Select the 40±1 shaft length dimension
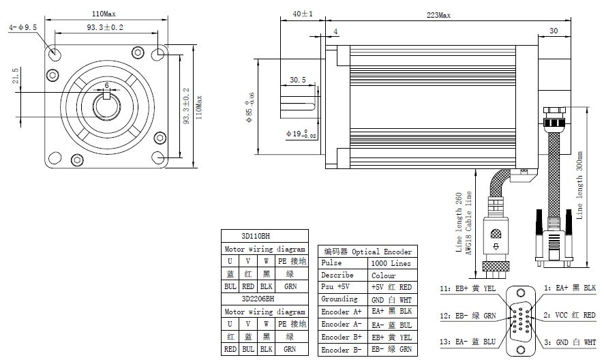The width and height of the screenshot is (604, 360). pyautogui.click(x=302, y=14)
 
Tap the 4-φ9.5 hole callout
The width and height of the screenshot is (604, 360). pyautogui.click(x=22, y=27)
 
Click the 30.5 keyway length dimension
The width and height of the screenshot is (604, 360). pyautogui.click(x=298, y=80)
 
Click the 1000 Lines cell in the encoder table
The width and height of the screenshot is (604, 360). pyautogui.click(x=391, y=263)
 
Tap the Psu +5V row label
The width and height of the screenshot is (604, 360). pyautogui.click(x=337, y=287)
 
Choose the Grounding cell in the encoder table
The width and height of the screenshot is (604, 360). pyautogui.click(x=339, y=299)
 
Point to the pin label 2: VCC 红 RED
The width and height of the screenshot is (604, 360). pyautogui.click(x=570, y=315)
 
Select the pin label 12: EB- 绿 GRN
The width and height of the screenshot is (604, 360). pyautogui.click(x=468, y=315)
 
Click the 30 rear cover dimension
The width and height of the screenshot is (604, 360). pyautogui.click(x=553, y=31)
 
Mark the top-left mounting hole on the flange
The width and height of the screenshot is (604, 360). pyautogui.click(x=55, y=53)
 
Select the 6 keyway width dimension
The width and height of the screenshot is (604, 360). pyautogui.click(x=106, y=85)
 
